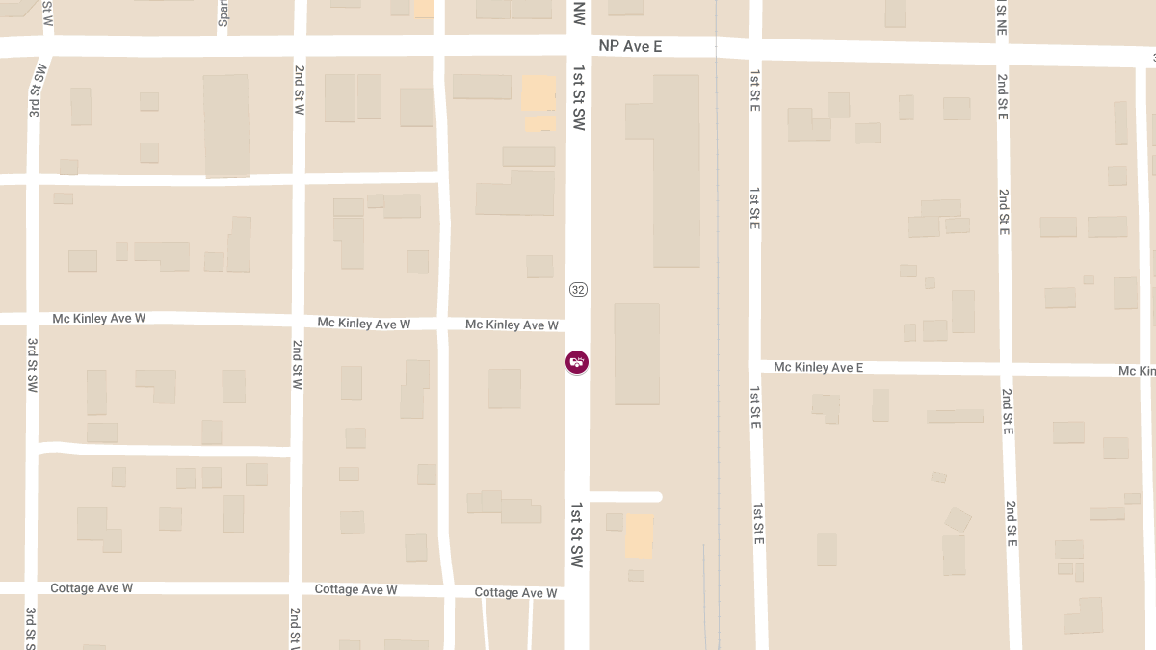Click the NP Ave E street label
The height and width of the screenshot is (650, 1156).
(630, 46)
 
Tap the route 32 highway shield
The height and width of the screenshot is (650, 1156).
(578, 289)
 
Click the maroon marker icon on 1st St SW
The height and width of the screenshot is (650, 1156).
(577, 362)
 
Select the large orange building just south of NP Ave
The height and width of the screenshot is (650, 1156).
(539, 93)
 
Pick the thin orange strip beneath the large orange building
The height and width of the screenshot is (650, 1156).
(540, 124)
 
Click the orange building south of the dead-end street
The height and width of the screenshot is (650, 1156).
(639, 535)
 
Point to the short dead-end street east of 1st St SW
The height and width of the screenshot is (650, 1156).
(625, 497)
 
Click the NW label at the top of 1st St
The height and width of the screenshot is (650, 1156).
(578, 13)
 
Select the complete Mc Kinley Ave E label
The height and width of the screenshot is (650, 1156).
(818, 367)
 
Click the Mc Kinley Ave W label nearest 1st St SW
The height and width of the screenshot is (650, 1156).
(512, 325)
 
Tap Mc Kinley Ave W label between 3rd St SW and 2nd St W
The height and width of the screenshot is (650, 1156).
(98, 318)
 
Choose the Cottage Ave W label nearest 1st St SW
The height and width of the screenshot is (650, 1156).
(516, 593)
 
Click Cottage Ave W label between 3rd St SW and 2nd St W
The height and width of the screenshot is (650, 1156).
(92, 587)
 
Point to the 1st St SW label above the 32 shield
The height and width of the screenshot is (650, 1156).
(578, 98)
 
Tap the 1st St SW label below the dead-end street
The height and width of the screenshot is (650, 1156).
(577, 533)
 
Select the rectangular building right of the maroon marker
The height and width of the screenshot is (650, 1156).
(637, 353)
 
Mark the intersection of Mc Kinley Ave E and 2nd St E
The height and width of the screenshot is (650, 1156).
(1005, 369)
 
